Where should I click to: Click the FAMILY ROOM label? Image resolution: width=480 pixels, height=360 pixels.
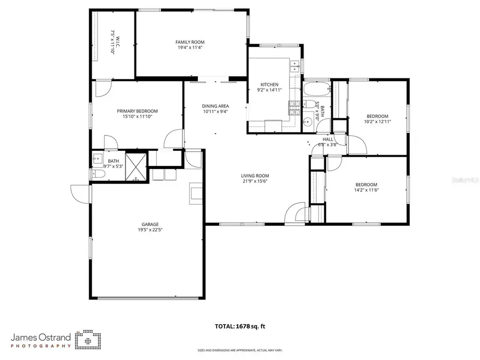(190, 42)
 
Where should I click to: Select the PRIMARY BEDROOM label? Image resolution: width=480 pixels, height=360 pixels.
(138, 111)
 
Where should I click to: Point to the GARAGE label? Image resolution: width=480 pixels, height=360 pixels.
(150, 224)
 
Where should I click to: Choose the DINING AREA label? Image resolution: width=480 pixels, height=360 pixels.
(215, 106)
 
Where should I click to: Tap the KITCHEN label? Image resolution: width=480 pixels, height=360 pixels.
(269, 85)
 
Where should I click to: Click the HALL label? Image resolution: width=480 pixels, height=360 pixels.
(327, 139)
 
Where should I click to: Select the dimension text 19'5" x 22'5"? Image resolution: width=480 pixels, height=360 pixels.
(150, 230)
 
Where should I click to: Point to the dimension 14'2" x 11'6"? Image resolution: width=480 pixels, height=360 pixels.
(366, 190)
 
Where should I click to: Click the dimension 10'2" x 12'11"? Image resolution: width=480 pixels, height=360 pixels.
(377, 122)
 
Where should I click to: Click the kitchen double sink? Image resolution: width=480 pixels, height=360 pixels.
(294, 67)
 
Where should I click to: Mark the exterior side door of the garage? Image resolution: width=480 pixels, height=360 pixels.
(81, 192)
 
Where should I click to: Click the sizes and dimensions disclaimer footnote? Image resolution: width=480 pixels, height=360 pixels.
(239, 350)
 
